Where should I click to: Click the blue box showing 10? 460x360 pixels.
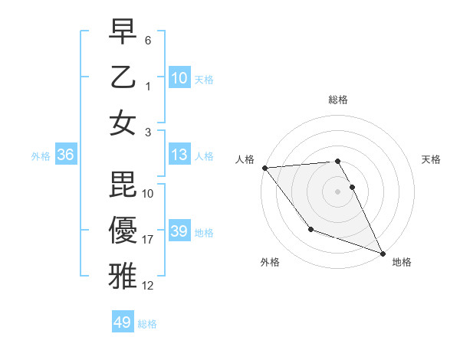pos(179,77)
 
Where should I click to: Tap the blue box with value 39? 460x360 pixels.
pos(179,231)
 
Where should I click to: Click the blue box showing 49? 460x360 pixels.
pos(123,322)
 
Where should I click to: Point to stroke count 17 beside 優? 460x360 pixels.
pos(148,240)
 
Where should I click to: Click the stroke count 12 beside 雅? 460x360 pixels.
pos(148,286)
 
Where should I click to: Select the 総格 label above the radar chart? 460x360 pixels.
pos(338,100)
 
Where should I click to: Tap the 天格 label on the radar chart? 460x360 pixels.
pos(432,159)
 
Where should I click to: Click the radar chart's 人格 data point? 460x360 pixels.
pos(264,167)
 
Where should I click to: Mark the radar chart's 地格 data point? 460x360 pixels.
pos(383,253)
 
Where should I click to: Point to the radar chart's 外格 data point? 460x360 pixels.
pos(310,229)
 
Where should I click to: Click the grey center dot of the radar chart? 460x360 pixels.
pos(338,191)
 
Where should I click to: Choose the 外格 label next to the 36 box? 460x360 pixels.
pos(41,156)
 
